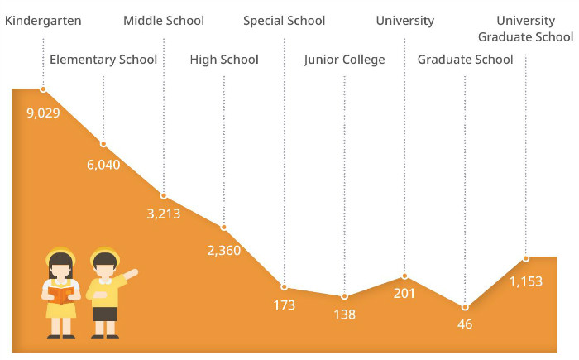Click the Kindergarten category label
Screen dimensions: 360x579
point(43,21)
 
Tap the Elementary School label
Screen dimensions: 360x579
point(103,60)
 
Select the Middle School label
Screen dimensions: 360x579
point(164,21)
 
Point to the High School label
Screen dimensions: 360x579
point(224,60)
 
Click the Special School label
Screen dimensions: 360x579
point(284,21)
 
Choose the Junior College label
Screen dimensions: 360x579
point(344,60)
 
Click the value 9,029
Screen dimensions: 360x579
point(43,113)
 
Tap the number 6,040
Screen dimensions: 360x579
point(103,164)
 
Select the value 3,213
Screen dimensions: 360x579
point(164,214)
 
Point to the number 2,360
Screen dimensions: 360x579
point(224,249)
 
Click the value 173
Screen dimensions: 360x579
point(284,305)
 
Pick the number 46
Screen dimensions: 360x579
point(465,324)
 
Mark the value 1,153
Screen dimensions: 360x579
point(525,281)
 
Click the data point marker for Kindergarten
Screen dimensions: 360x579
point(43,89)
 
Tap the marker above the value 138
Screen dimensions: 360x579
point(344,295)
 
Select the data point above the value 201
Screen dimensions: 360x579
point(404,276)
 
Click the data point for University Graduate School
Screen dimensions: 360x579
point(525,258)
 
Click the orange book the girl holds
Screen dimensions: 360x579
point(60,294)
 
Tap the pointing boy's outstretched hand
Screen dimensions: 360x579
point(133,271)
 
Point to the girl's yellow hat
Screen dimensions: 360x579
point(60,255)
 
